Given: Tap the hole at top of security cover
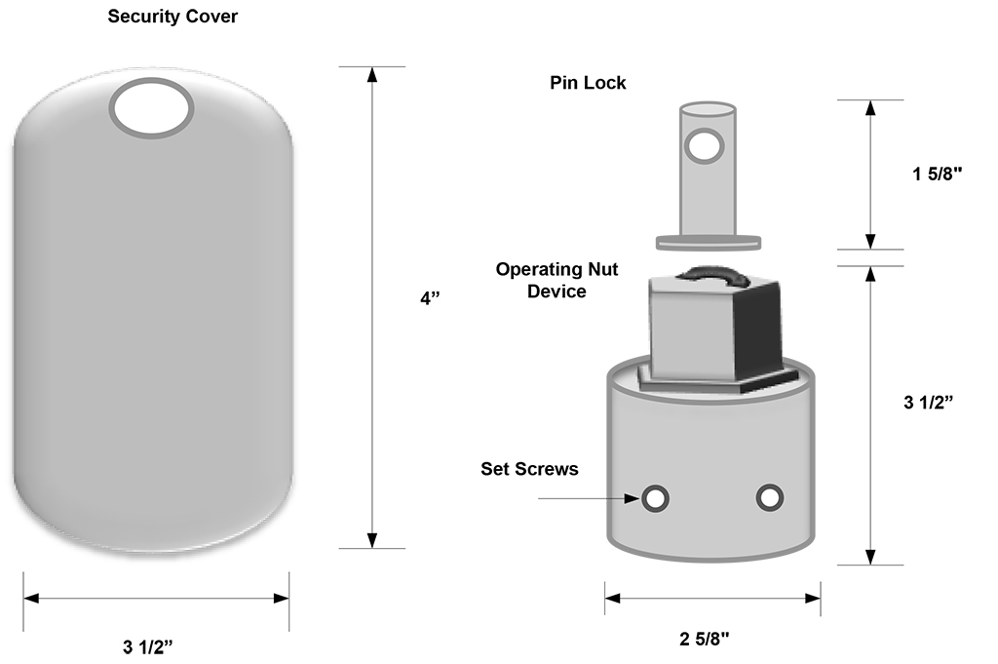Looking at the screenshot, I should click(x=151, y=107).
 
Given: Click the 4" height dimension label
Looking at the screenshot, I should click(x=431, y=299).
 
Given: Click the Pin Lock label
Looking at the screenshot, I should click(x=588, y=83).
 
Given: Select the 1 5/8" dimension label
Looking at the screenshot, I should click(x=938, y=175).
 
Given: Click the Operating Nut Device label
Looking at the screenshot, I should click(x=557, y=280).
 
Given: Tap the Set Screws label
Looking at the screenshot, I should click(x=529, y=469).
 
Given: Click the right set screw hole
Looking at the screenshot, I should click(x=770, y=497).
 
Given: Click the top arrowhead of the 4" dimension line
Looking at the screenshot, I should click(x=371, y=76).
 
